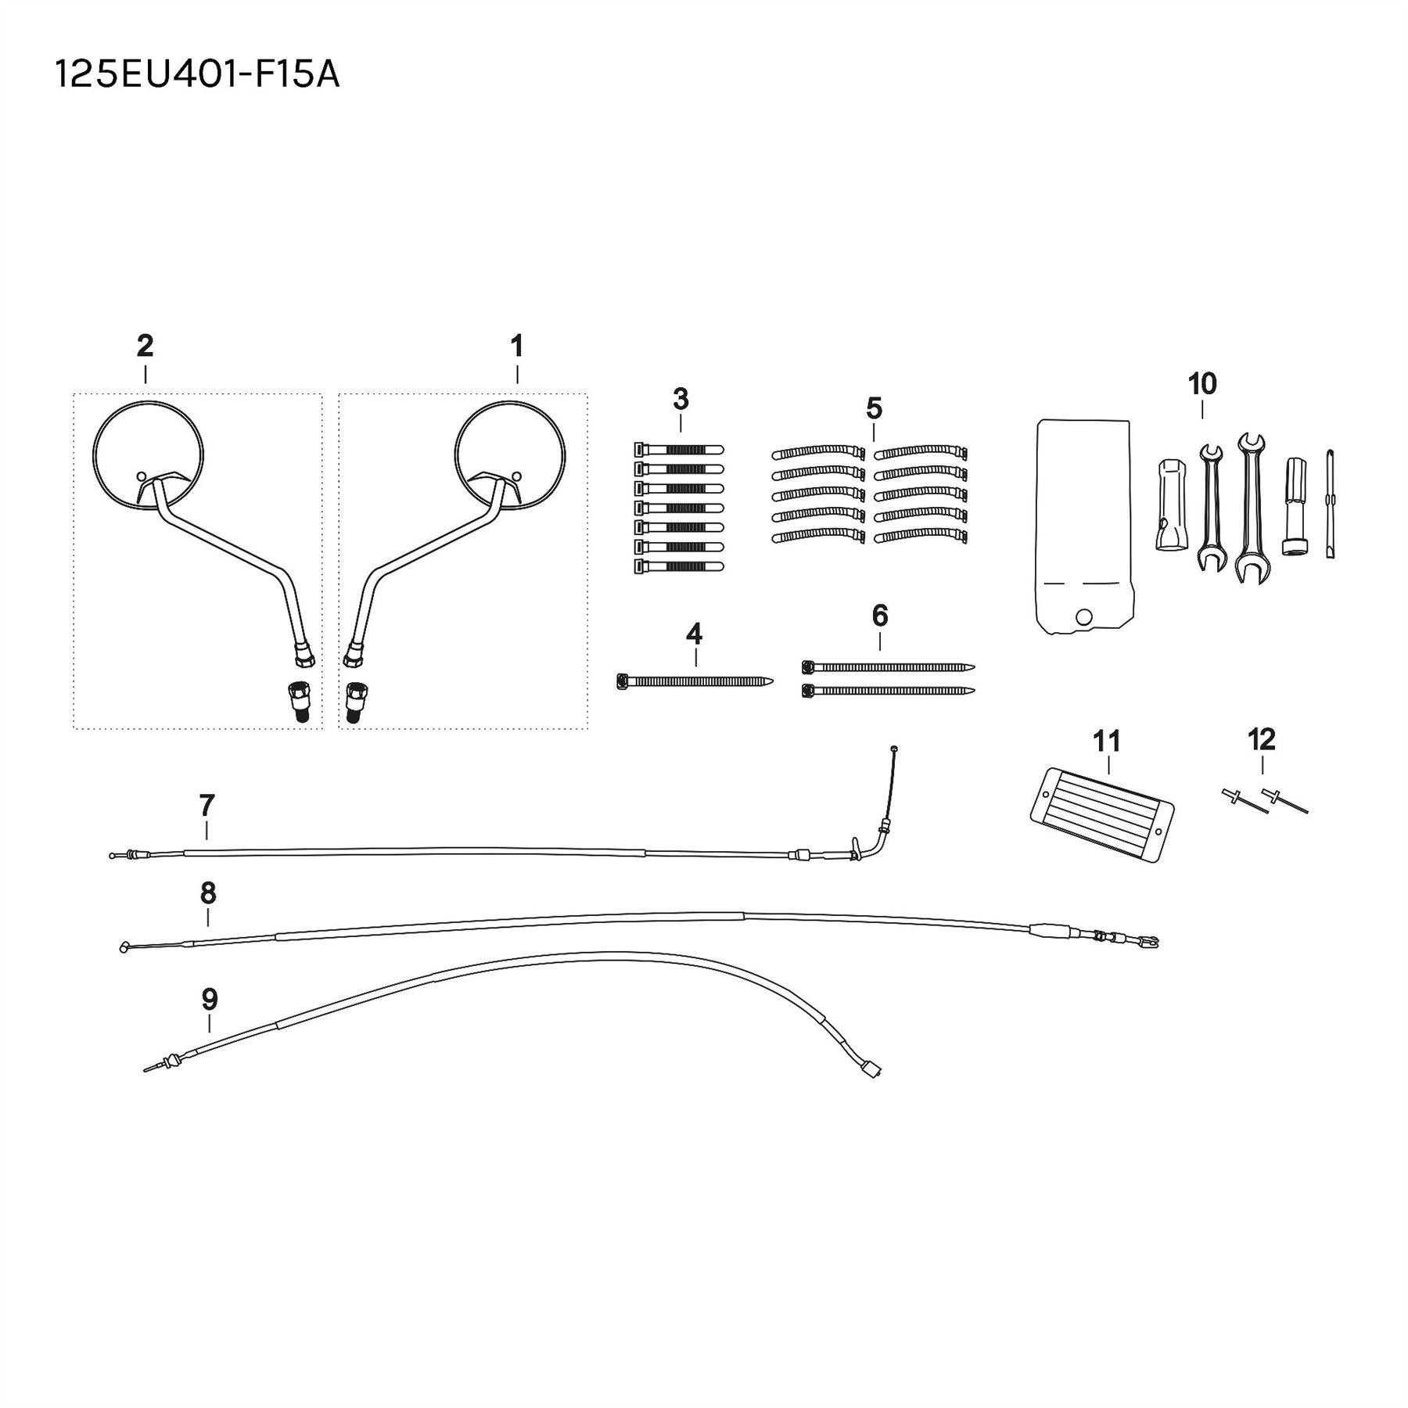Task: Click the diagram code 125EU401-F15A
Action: point(197,76)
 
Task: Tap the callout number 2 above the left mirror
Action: point(145,345)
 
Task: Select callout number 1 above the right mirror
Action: point(516,345)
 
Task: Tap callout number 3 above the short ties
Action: point(681,399)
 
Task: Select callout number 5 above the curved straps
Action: point(874,408)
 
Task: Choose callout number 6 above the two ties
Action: point(880,616)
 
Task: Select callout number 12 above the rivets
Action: point(1262,739)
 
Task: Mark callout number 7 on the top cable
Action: point(207,804)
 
